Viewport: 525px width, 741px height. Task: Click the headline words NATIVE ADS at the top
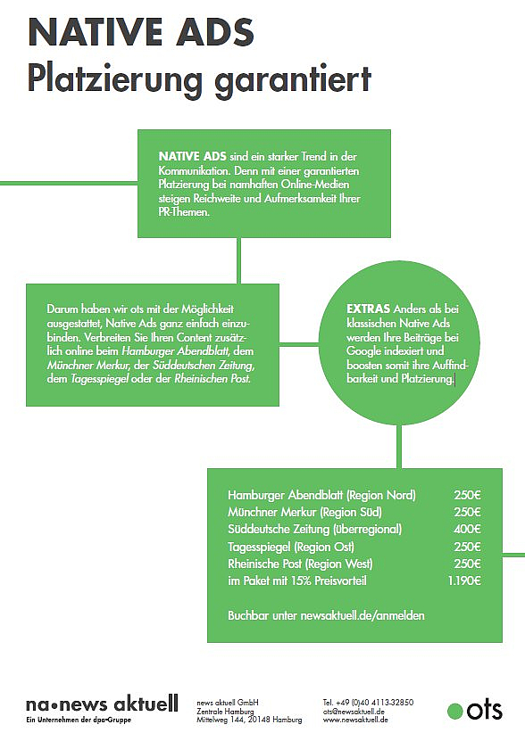click(x=141, y=32)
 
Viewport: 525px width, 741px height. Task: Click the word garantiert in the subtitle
click(x=293, y=79)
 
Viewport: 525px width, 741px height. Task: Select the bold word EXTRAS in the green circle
click(x=369, y=309)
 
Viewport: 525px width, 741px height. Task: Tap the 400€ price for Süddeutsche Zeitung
click(x=467, y=529)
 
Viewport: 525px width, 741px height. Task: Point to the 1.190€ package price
click(x=464, y=580)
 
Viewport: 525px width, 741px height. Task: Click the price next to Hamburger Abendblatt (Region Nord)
click(x=467, y=495)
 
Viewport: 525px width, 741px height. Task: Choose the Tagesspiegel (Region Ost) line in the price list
click(x=291, y=547)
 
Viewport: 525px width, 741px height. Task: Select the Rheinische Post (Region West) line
click(x=300, y=564)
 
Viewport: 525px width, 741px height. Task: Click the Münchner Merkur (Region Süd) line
click(x=304, y=512)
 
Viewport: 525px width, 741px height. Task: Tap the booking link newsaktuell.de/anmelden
click(x=362, y=615)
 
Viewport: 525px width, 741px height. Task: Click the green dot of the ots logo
click(x=455, y=711)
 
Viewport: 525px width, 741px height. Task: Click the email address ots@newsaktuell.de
click(x=354, y=712)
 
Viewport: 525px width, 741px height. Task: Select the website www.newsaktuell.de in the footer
click(x=355, y=720)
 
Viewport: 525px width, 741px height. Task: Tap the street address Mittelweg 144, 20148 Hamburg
click(x=249, y=720)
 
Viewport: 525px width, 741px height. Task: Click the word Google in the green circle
click(x=363, y=351)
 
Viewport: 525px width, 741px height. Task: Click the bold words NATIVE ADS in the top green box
click(x=193, y=156)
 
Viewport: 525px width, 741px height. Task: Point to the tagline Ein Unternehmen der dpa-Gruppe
click(x=79, y=720)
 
